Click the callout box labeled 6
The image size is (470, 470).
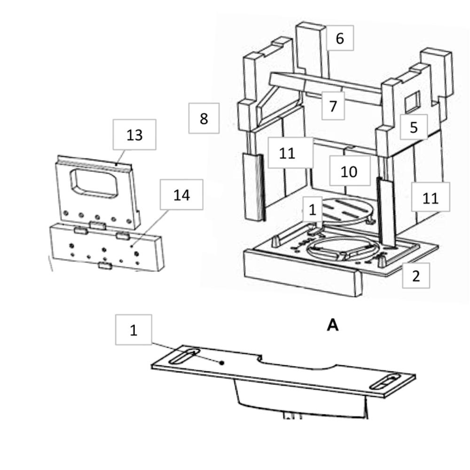pyautogui.click(x=340, y=38)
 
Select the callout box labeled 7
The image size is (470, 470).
pyautogui.click(x=333, y=106)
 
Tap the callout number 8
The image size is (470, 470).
pyautogui.click(x=204, y=118)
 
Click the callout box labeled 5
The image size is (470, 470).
pyautogui.click(x=414, y=127)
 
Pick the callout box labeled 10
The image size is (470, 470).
pyautogui.click(x=349, y=171)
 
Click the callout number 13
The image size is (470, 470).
pyautogui.click(x=134, y=135)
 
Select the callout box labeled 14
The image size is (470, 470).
pyautogui.click(x=181, y=194)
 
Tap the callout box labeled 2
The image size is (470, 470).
pyautogui.click(x=416, y=276)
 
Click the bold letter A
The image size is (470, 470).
pyautogui.click(x=332, y=325)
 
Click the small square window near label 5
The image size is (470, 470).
pyautogui.click(x=413, y=102)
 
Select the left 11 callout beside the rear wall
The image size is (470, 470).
pyautogui.click(x=287, y=153)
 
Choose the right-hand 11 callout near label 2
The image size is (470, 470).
pyautogui.click(x=431, y=197)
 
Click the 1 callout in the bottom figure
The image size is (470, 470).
pyautogui.click(x=133, y=330)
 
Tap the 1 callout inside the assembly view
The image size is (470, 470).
pyautogui.click(x=313, y=210)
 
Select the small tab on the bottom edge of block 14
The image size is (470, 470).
pyautogui.click(x=104, y=266)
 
